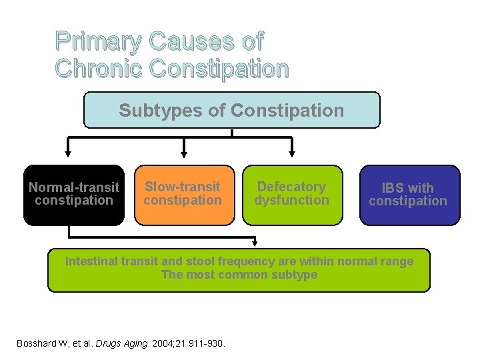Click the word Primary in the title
[99, 42]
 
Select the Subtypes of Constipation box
[231, 110]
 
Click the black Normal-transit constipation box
[74, 195]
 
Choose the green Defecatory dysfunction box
[292, 195]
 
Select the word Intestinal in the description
[91, 261]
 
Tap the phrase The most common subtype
[239, 275]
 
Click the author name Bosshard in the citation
[38, 344]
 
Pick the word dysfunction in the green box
[292, 200]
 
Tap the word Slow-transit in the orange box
[183, 187]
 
